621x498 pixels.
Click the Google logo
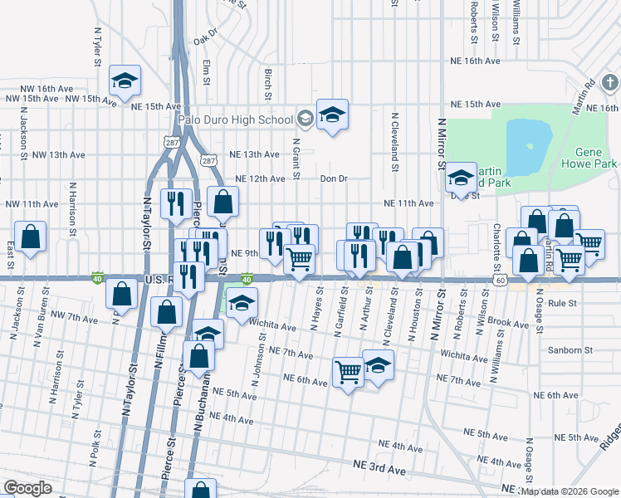[27, 488]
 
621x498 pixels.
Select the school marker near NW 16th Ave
[125, 81]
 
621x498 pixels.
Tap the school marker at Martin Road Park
[460, 178]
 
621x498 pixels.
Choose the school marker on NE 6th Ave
[378, 365]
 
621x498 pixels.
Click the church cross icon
[609, 83]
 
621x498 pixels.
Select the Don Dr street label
[334, 178]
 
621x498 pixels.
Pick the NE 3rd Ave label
[379, 470]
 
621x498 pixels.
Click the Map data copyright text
[570, 491]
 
